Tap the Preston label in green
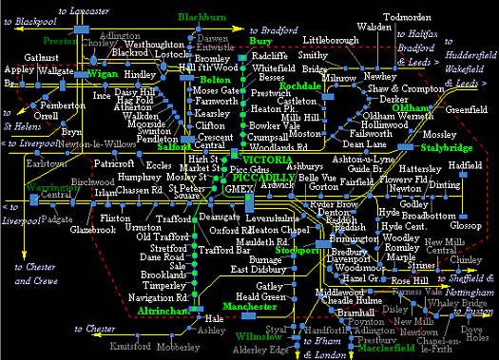click(59, 42)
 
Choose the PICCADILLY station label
click(239, 178)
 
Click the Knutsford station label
click(130, 346)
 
